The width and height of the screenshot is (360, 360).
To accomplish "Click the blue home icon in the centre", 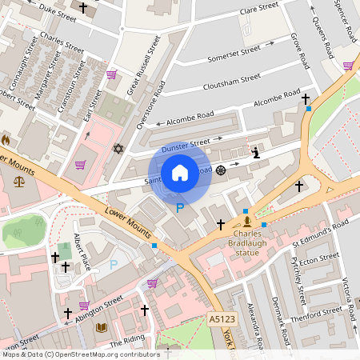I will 180,172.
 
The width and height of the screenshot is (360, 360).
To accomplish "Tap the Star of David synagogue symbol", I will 119,149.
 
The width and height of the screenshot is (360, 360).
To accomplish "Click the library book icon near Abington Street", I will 101,327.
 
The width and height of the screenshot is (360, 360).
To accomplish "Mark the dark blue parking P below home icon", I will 180,208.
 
